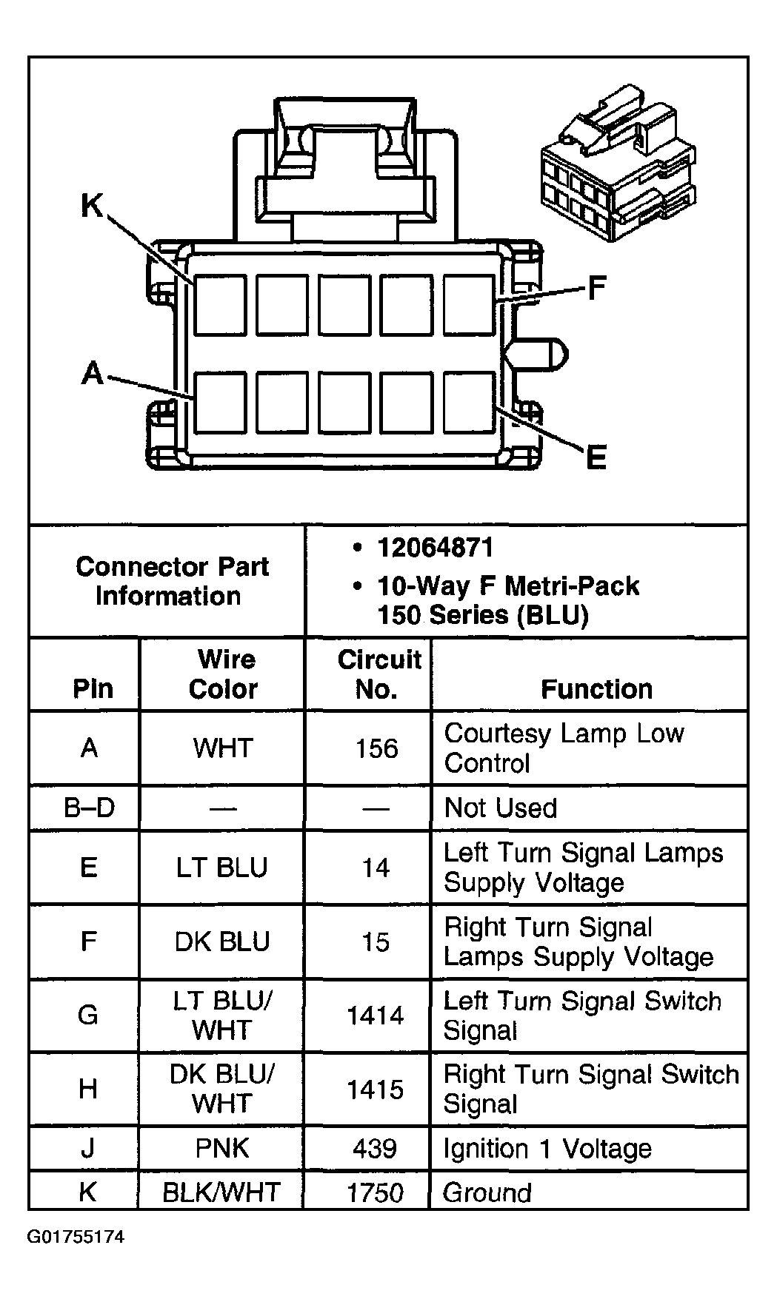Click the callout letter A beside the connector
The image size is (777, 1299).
93,372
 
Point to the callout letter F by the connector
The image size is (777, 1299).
596,289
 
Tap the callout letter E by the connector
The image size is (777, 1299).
596,457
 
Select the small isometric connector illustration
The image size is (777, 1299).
618,164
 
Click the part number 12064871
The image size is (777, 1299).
435,548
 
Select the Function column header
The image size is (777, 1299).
596,689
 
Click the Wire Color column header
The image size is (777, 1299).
222,674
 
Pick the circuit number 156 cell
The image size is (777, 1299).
376,748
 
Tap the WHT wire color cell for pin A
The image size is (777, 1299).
222,748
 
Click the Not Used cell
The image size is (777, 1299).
500,808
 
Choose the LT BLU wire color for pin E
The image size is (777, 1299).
221,867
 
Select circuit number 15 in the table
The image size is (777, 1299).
376,941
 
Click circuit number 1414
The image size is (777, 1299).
376,1016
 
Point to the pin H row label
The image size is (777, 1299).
87,1089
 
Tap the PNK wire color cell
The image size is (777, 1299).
222,1148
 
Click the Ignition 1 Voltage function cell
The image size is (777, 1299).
547,1149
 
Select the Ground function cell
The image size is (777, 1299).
487,1192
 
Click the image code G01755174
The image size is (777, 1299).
76,1237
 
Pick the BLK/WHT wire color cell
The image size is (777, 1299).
221,1192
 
